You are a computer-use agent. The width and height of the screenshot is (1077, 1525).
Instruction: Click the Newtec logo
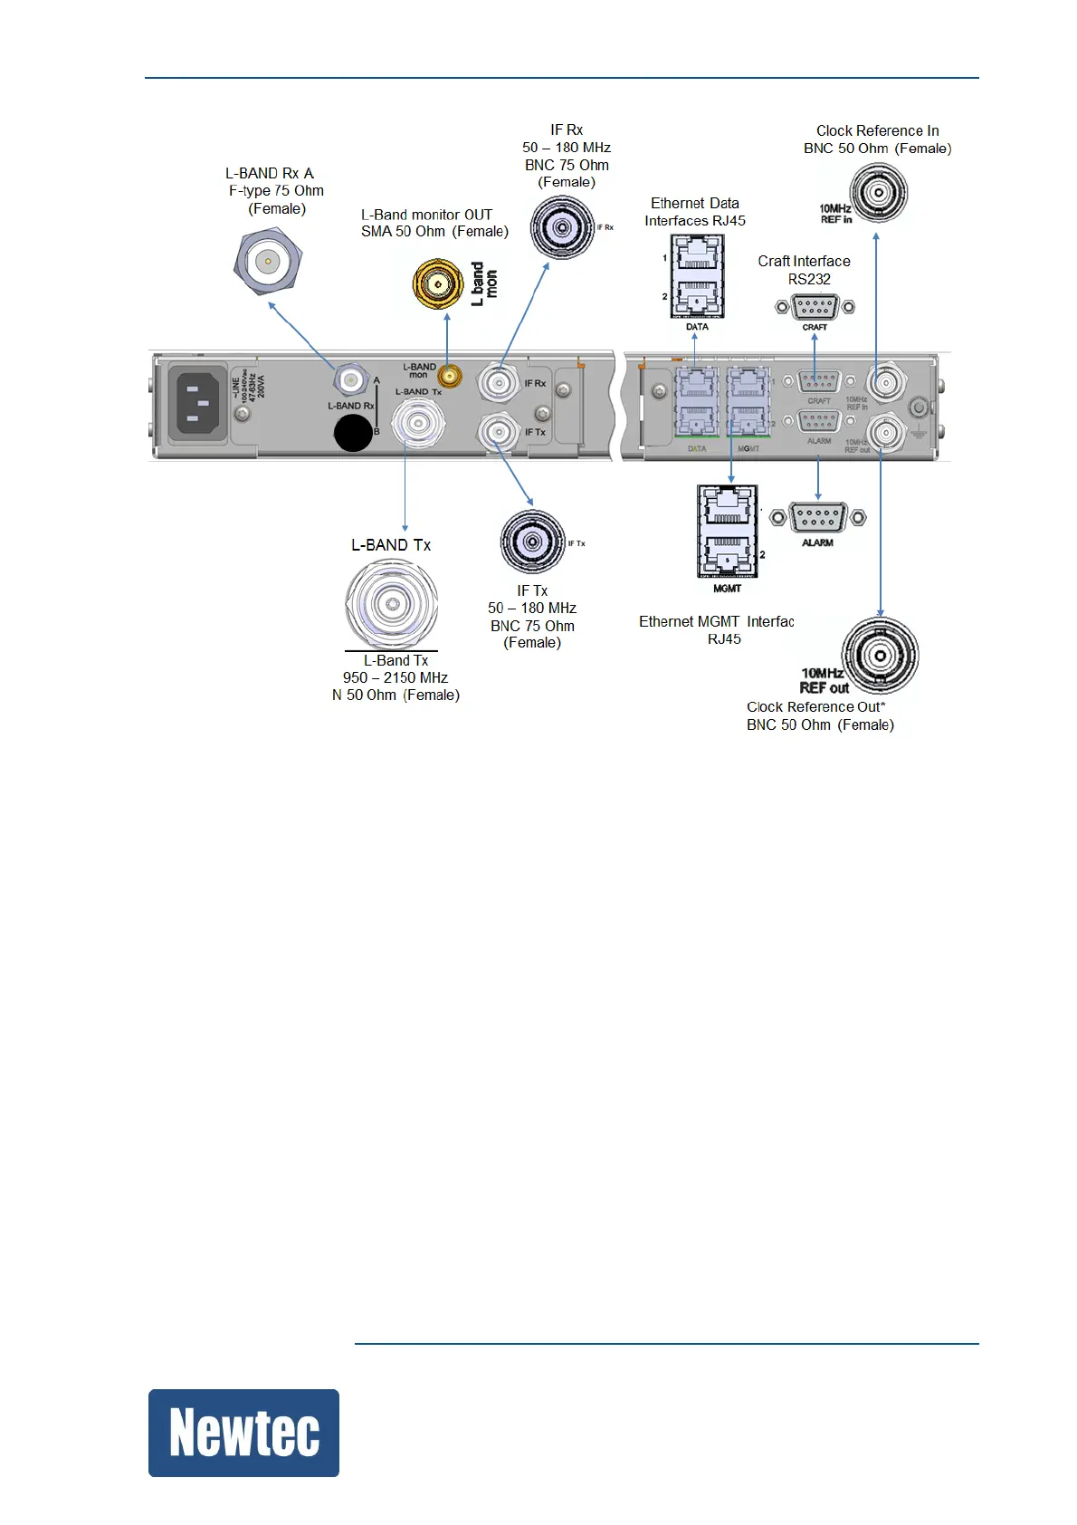click(243, 1433)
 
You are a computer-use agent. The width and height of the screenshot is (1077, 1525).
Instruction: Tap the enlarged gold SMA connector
click(438, 284)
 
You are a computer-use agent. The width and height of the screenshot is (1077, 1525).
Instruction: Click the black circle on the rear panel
click(353, 433)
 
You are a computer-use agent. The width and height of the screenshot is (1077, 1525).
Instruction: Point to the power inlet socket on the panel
click(198, 404)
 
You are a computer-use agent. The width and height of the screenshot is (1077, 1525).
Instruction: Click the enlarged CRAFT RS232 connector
click(815, 308)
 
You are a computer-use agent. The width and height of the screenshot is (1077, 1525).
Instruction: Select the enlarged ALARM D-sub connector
click(818, 518)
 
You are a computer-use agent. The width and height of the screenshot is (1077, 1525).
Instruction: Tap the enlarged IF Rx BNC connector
click(562, 227)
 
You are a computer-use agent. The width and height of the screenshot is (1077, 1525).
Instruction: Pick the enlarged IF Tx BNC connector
click(533, 542)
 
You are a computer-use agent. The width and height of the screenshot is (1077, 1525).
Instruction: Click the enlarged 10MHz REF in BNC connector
click(878, 193)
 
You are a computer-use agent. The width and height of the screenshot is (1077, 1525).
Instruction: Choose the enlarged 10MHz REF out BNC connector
click(880, 656)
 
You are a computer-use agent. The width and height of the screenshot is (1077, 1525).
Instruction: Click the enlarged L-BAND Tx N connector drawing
click(392, 604)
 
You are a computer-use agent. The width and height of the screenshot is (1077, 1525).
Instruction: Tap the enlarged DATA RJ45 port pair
click(697, 276)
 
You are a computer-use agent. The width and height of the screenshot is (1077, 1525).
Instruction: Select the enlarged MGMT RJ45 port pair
click(726, 531)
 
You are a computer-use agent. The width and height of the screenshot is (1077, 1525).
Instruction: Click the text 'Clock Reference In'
click(877, 131)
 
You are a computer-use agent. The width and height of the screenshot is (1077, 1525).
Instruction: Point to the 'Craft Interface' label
click(804, 262)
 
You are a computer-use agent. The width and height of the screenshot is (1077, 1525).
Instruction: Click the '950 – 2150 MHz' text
click(396, 678)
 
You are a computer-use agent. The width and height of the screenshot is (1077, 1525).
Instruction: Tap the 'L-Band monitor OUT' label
click(426, 215)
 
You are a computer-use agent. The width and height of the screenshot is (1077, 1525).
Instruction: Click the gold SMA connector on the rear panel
click(448, 376)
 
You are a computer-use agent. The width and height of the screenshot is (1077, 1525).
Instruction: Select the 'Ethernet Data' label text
click(694, 204)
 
